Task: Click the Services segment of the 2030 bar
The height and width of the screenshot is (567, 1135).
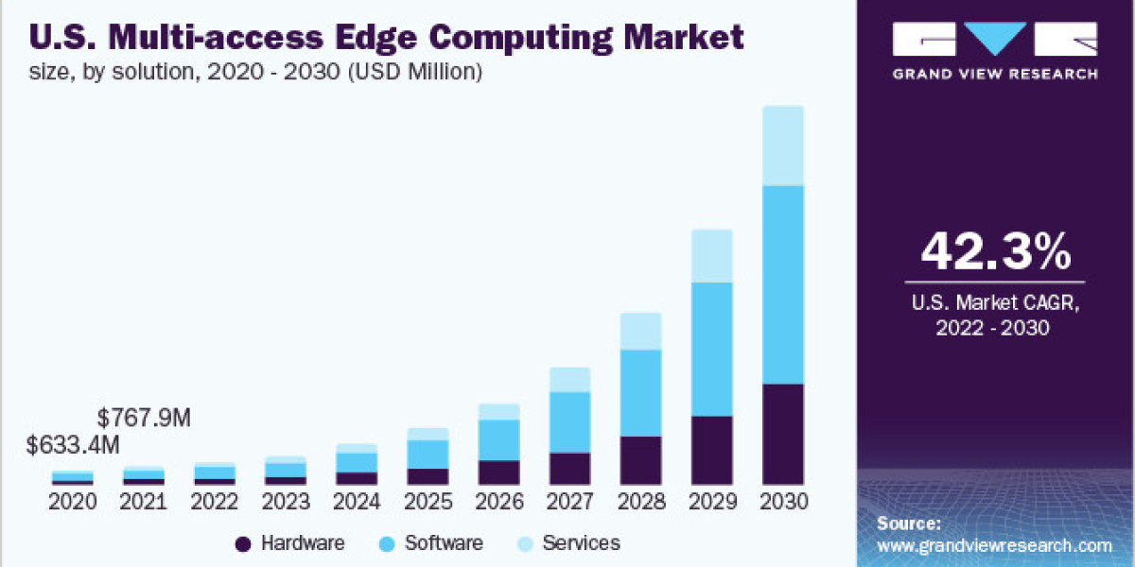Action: [782, 146]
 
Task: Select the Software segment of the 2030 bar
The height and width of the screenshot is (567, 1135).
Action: [782, 284]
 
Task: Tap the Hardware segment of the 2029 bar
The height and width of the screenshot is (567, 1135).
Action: [711, 450]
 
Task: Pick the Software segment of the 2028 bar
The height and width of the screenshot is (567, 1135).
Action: [640, 392]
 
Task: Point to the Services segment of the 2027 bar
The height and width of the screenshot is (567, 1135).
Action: [569, 380]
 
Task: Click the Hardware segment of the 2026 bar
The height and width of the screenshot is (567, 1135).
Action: [498, 472]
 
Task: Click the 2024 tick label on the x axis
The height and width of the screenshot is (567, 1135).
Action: [357, 502]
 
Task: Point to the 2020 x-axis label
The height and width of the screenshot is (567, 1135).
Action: [73, 502]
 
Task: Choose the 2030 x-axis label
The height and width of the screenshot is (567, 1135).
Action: [782, 502]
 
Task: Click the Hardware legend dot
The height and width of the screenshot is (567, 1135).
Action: [243, 543]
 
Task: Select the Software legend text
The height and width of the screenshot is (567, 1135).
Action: [444, 543]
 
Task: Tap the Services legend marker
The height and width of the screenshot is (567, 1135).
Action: [525, 543]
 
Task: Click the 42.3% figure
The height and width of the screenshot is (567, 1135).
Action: [995, 251]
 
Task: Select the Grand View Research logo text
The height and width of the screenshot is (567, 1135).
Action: [995, 74]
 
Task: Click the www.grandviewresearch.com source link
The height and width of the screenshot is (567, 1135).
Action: [994, 545]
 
